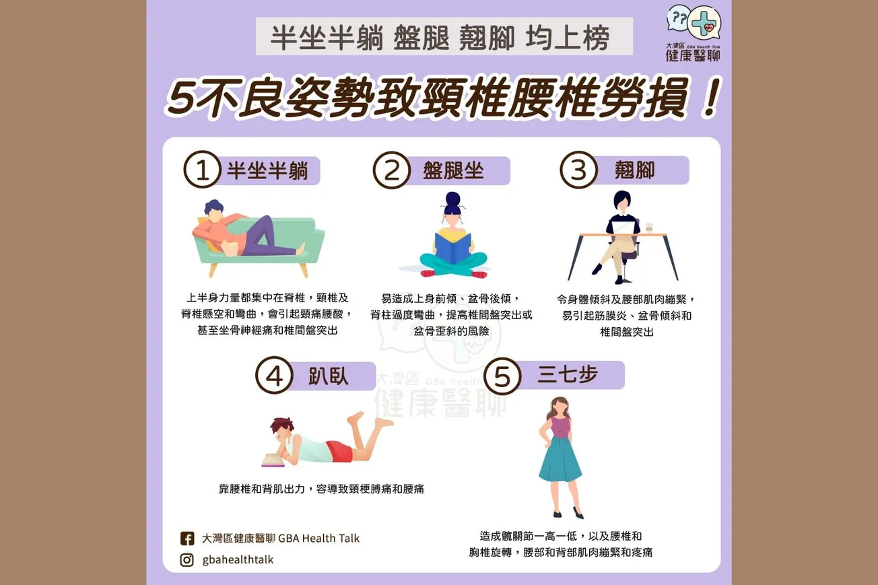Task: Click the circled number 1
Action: coord(203,171)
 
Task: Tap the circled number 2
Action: coord(392,171)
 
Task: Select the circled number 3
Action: coord(578,170)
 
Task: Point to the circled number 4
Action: coord(273,376)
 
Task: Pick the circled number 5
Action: coord(502,376)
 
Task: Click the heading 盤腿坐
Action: coord(453,170)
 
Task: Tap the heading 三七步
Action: coord(568,375)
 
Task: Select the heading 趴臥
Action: coord(329,376)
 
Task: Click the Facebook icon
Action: coord(187,539)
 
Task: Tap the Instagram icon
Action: coord(187,560)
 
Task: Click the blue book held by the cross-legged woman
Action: coord(453,247)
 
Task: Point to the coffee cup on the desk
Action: coord(649,227)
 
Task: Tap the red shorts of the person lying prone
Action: coord(339,451)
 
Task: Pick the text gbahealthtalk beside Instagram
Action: coord(238,560)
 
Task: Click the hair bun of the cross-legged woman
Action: coord(452,199)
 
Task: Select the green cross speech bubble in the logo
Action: coord(704,24)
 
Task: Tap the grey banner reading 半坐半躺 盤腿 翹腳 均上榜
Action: coord(444,36)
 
